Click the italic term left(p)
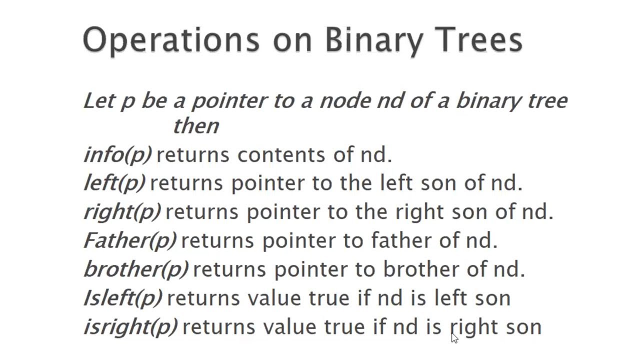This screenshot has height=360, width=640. click(114, 183)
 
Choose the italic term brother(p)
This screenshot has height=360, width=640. click(136, 269)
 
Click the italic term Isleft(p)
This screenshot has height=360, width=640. click(123, 298)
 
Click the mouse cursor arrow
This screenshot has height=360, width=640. click(454, 338)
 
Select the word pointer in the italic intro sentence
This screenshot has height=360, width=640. click(229, 101)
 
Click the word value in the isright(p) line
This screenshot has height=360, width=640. click(290, 327)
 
